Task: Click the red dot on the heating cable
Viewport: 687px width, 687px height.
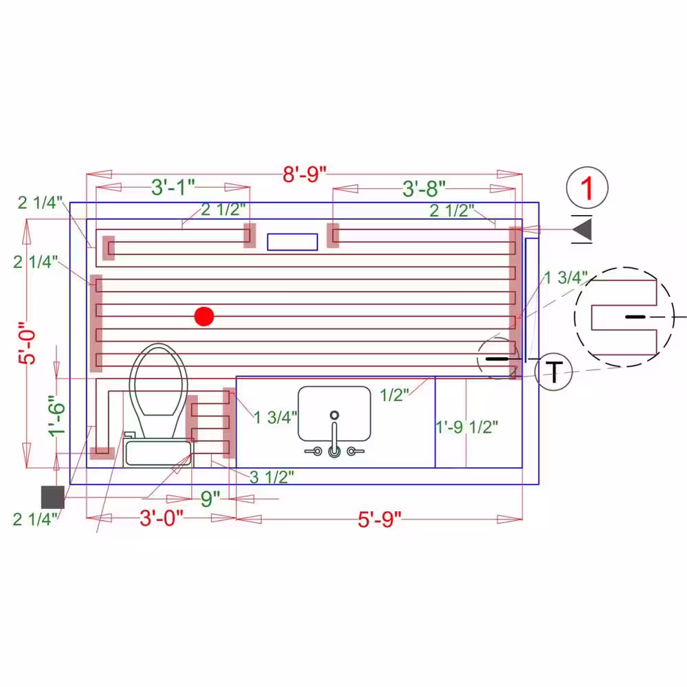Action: tap(204, 316)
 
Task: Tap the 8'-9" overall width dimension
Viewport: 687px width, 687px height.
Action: tap(304, 174)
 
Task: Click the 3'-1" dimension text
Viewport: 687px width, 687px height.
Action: tap(173, 187)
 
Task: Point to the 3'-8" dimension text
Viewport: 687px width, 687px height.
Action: tap(424, 189)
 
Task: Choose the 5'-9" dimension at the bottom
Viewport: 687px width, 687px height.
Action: tap(379, 519)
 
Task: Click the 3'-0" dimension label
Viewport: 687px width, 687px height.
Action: tap(161, 518)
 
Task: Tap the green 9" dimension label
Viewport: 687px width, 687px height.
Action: tap(210, 499)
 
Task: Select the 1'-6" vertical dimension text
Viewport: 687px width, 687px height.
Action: tap(58, 416)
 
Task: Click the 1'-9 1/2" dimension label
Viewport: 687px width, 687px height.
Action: tap(466, 427)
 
